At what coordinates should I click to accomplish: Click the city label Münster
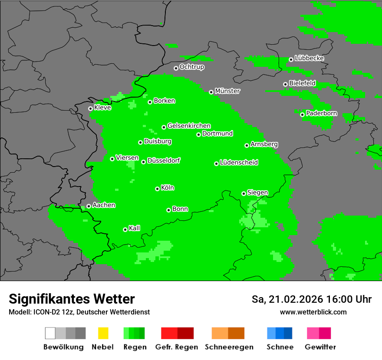click(x=227, y=91)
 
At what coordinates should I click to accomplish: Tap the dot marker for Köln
click(x=157, y=189)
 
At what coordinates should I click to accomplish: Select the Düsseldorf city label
click(x=164, y=160)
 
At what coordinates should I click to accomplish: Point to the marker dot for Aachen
click(x=89, y=206)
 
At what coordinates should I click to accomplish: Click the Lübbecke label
click(x=309, y=58)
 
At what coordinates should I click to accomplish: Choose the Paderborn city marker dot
click(x=302, y=115)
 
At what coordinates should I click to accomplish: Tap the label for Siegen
click(x=257, y=193)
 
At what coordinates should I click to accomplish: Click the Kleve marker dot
click(x=90, y=108)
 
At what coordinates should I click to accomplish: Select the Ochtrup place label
click(x=191, y=67)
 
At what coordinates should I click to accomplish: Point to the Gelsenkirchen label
click(x=189, y=126)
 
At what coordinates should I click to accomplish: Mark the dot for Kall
click(x=125, y=229)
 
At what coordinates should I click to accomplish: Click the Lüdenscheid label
click(x=239, y=163)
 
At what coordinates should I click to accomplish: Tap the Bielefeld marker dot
click(x=285, y=84)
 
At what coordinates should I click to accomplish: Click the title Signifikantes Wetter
click(x=72, y=299)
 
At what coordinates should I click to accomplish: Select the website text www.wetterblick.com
click(x=313, y=312)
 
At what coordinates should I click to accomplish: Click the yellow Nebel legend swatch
click(x=103, y=333)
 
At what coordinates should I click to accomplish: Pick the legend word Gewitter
click(x=320, y=347)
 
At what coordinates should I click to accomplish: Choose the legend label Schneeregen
click(x=229, y=347)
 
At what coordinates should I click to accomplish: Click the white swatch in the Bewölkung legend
click(x=50, y=333)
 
